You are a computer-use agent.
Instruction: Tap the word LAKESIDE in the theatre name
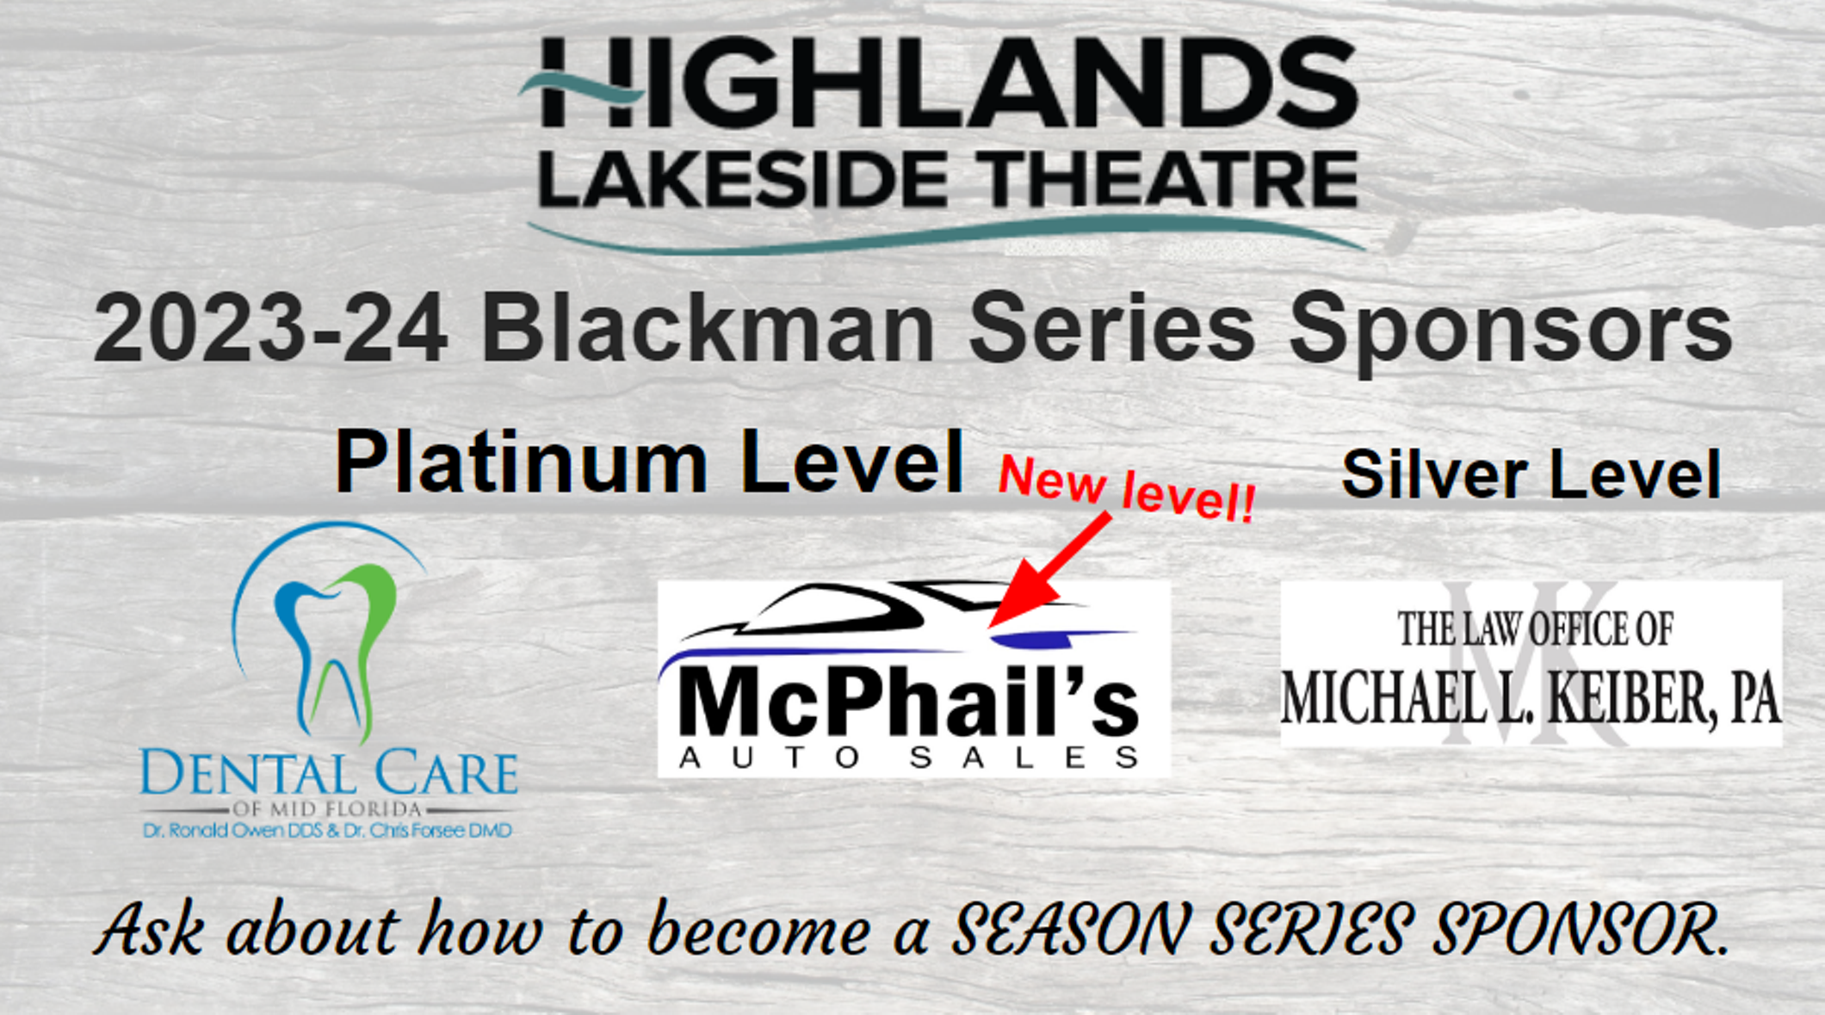(x=744, y=178)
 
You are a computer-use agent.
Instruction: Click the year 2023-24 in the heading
(x=271, y=328)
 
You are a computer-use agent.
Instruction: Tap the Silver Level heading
(x=1531, y=473)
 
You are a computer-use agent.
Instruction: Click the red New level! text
(x=1126, y=488)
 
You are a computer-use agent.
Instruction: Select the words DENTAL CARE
(x=329, y=773)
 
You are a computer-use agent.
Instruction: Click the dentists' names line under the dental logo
(x=327, y=831)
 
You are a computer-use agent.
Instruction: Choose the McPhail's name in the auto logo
(x=908, y=702)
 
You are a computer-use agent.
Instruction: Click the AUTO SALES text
(x=909, y=758)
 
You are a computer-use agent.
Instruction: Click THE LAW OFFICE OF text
(x=1536, y=628)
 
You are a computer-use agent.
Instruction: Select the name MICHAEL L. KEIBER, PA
(x=1531, y=698)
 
